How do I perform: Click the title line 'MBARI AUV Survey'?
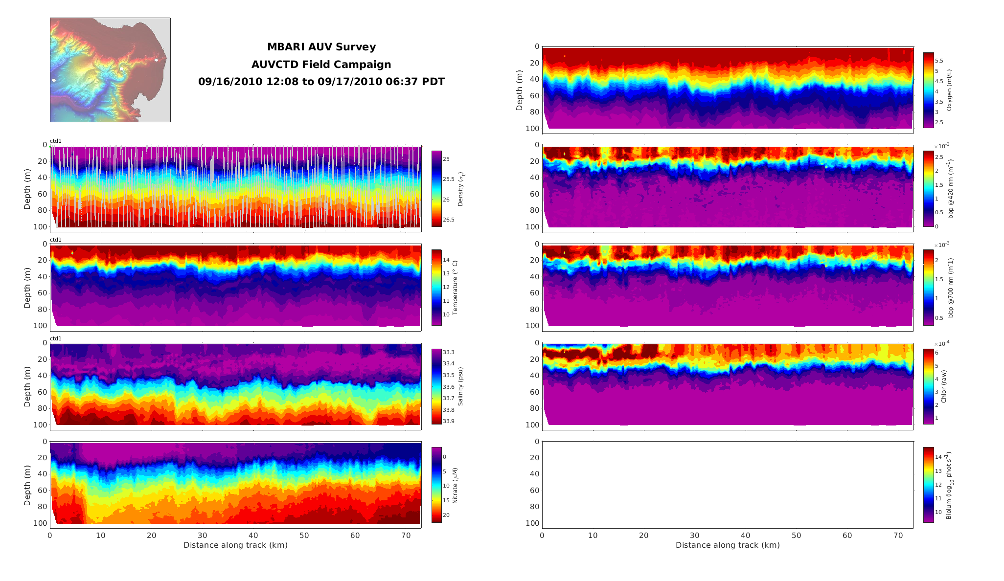[x=321, y=47]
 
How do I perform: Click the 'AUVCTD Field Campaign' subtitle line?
[x=321, y=65]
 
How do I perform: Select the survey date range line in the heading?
[x=321, y=82]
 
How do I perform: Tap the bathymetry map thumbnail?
[x=110, y=70]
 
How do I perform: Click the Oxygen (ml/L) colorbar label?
[x=949, y=90]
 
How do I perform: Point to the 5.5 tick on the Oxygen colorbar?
[x=939, y=61]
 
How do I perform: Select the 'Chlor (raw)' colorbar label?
[x=944, y=386]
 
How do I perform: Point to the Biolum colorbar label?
[x=950, y=485]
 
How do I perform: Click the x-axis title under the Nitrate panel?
[x=235, y=545]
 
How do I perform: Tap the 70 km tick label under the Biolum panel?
[x=898, y=536]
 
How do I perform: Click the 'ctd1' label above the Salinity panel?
[x=56, y=338]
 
